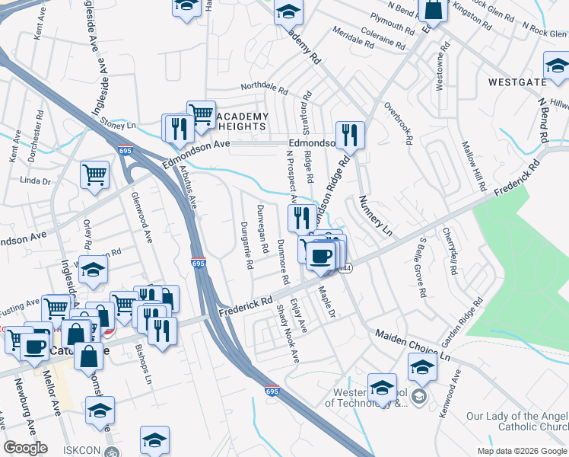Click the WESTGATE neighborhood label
click(x=518, y=81)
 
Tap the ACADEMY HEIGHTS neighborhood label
click(x=243, y=121)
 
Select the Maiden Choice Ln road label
click(x=414, y=346)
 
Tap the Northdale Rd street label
click(x=265, y=90)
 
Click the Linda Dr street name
click(x=35, y=181)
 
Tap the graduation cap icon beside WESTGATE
click(x=557, y=66)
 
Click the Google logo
click(x=25, y=448)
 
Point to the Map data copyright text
click(x=522, y=451)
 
